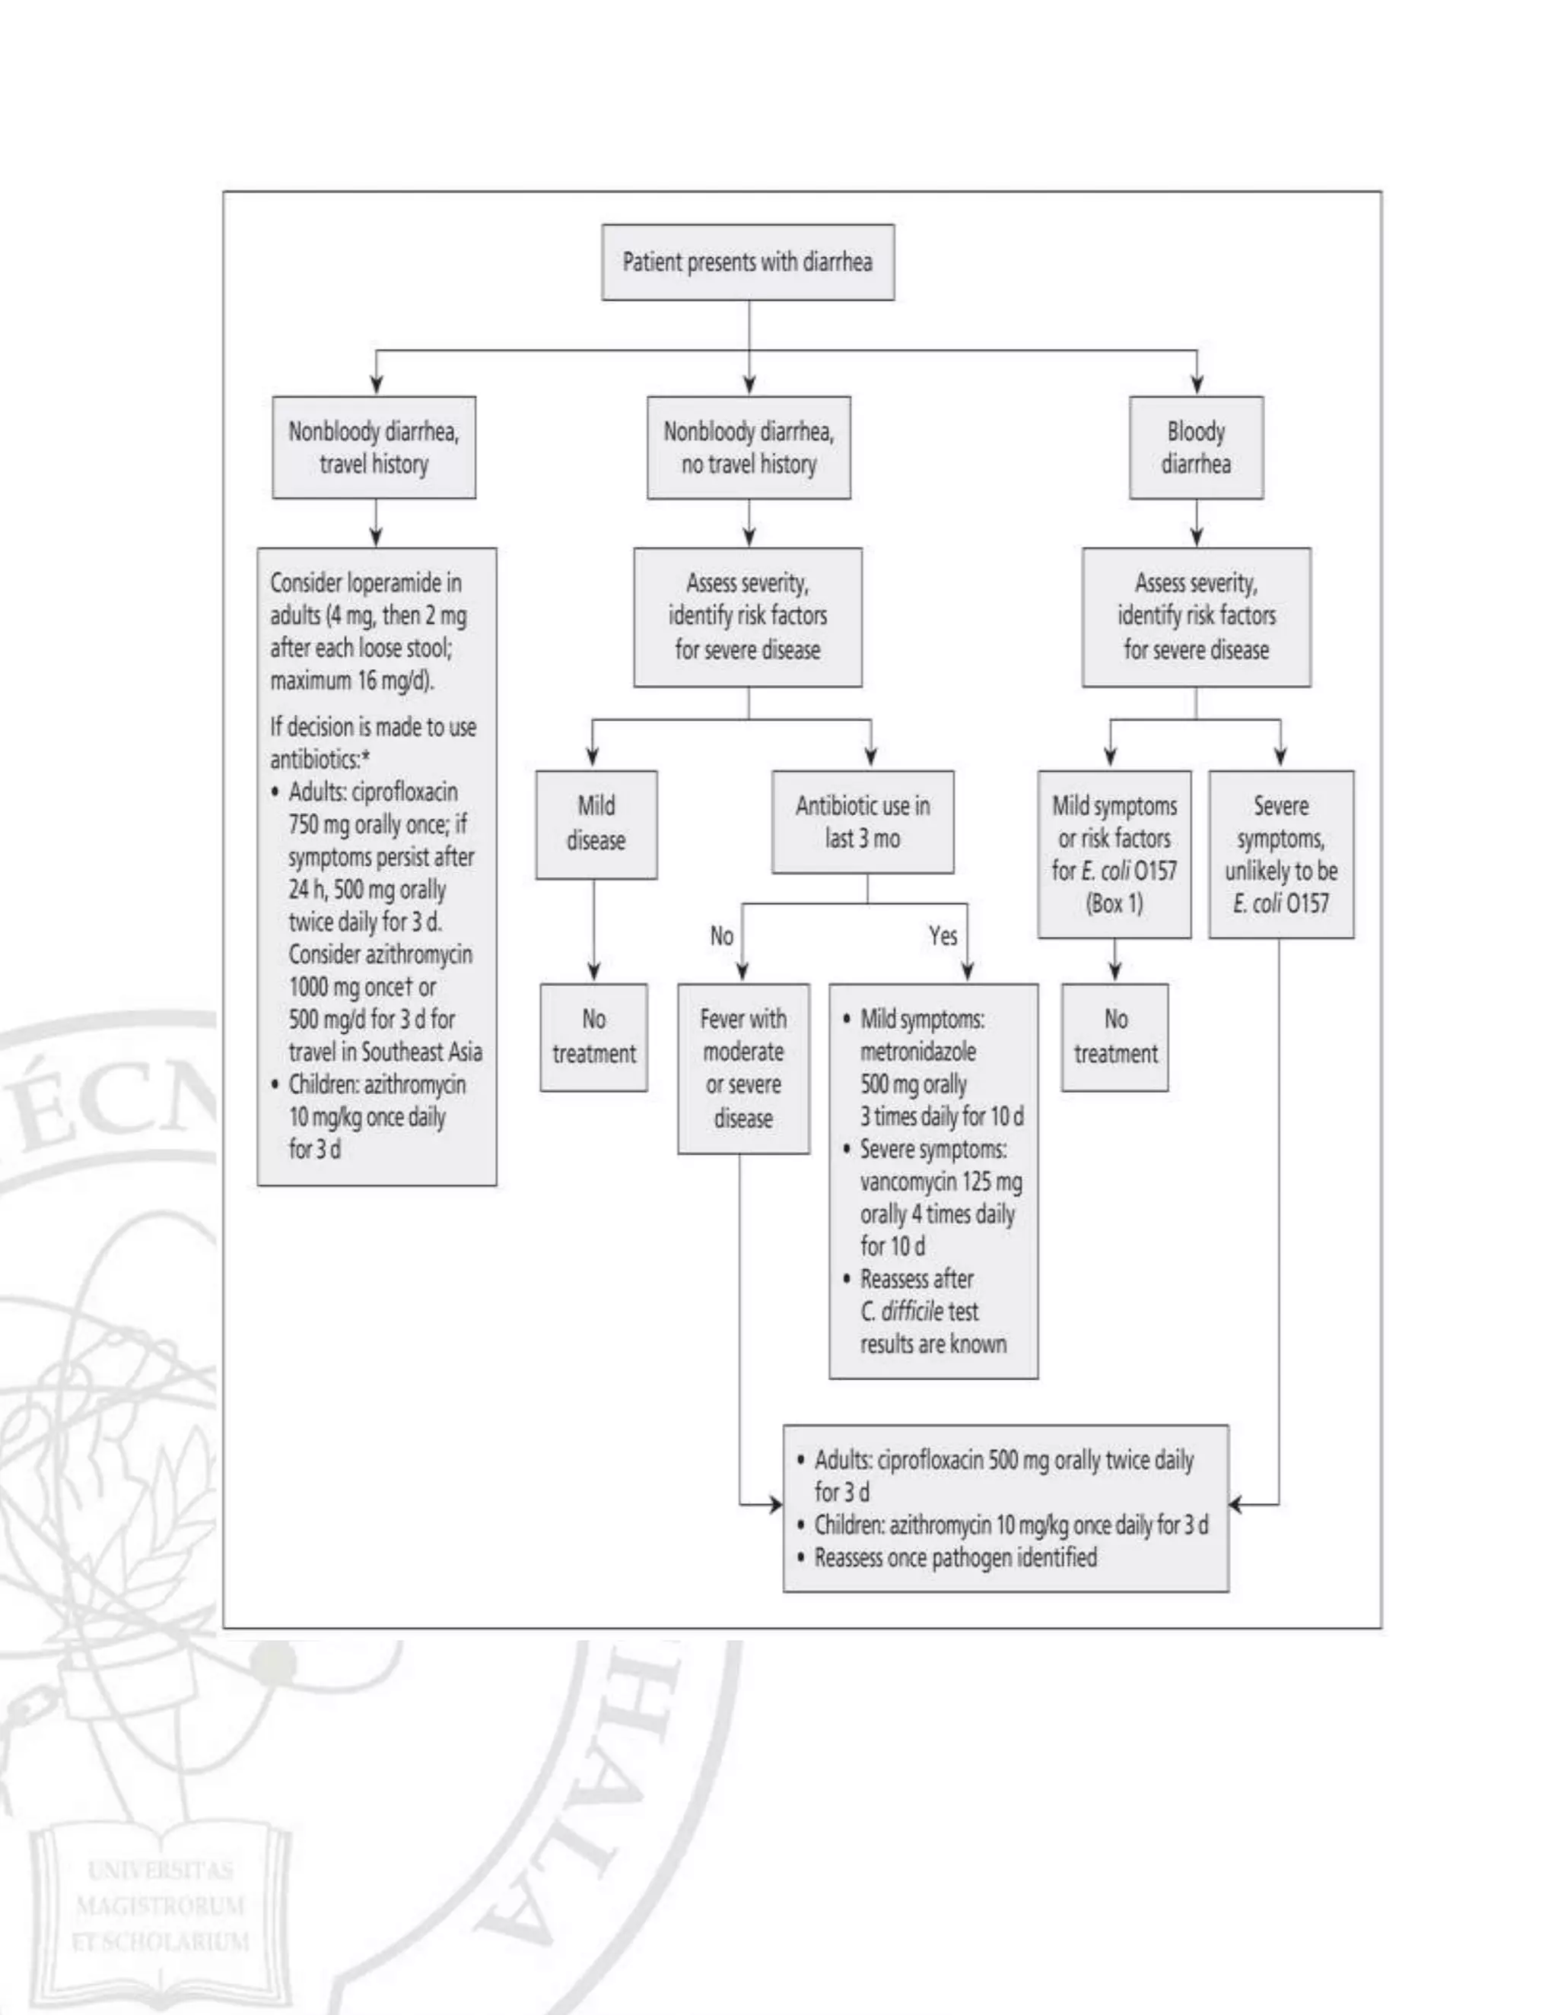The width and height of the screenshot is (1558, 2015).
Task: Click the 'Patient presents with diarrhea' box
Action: click(x=748, y=262)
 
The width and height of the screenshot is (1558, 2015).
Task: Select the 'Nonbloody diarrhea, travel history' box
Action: click(x=374, y=447)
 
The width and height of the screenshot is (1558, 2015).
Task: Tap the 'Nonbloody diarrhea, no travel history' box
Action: click(x=749, y=447)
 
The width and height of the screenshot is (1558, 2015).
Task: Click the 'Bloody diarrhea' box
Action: click(x=1195, y=447)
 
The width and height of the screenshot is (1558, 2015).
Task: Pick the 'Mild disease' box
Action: click(x=596, y=824)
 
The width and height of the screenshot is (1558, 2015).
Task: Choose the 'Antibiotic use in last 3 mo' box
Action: click(x=862, y=822)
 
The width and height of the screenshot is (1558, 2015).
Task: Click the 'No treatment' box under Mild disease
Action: click(x=593, y=1037)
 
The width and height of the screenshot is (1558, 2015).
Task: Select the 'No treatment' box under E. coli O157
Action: click(x=1115, y=1037)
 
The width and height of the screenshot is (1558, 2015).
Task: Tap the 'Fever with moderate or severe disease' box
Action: click(x=743, y=1068)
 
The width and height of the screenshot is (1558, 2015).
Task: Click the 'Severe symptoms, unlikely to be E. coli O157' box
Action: click(x=1281, y=855)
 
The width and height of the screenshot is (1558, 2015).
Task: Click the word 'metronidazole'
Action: click(x=917, y=1052)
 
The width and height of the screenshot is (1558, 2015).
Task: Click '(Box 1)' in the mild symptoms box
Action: click(x=1114, y=903)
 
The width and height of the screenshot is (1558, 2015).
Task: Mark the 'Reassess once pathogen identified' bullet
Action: click(x=955, y=1558)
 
